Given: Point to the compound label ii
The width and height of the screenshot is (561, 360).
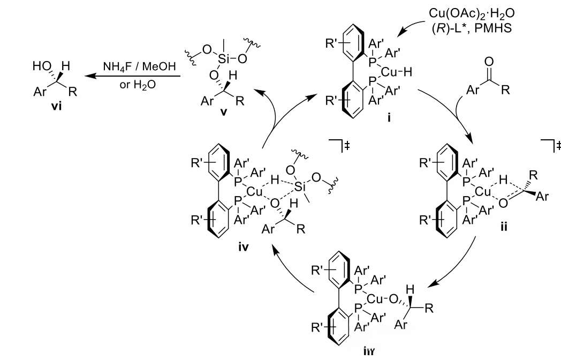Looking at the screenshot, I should tap(503, 227).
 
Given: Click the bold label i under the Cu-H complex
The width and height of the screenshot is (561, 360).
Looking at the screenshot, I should tap(390, 130).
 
